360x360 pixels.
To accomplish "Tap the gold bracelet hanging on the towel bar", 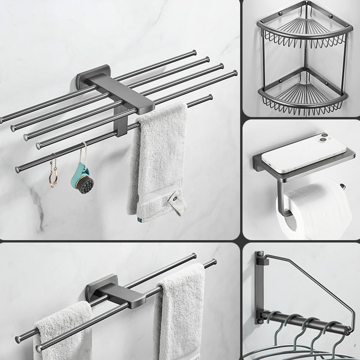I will click(x=53, y=171).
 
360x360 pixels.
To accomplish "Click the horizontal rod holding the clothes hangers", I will click(x=306, y=324).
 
